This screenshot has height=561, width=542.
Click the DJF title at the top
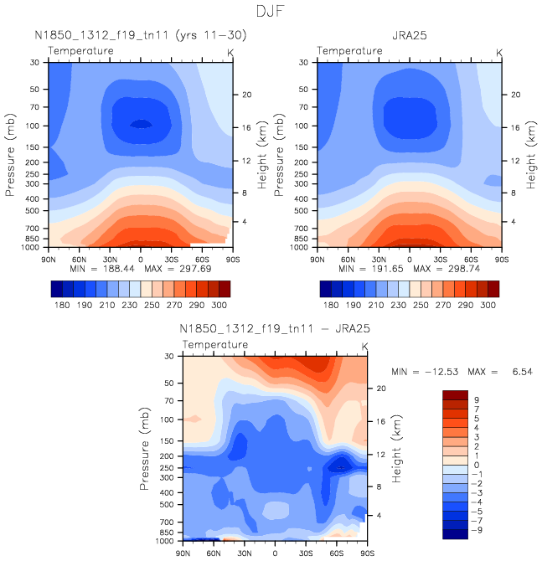coord(271,12)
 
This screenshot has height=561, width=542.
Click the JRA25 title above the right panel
coord(410,35)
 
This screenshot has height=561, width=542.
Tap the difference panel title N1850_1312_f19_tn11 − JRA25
coord(274,328)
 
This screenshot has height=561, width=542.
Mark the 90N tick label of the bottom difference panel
coord(184,553)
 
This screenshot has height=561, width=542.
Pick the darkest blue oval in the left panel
coord(141,124)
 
